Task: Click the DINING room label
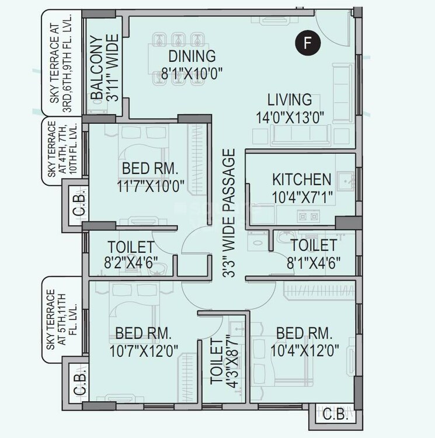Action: (x=192, y=57)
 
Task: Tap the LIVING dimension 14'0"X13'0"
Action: (x=290, y=116)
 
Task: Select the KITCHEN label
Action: (x=302, y=179)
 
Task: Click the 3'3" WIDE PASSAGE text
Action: (x=229, y=213)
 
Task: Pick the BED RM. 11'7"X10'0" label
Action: (x=149, y=178)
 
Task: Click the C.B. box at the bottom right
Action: (x=333, y=416)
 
